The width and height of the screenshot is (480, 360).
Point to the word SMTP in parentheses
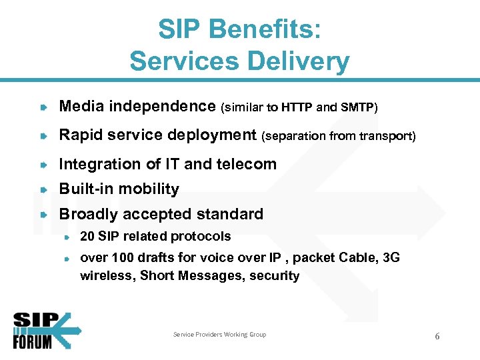pyautogui.click(x=357, y=107)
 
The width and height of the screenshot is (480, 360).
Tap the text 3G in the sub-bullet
pyautogui.click(x=392, y=258)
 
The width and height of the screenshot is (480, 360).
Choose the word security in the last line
pyautogui.click(x=274, y=276)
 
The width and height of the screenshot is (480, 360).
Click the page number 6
pyautogui.click(x=437, y=336)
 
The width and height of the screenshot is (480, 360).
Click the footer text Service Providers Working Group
pyautogui.click(x=219, y=335)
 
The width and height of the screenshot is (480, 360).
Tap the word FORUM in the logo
pyautogui.click(x=32, y=341)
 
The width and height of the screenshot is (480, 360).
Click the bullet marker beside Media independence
pyautogui.click(x=43, y=107)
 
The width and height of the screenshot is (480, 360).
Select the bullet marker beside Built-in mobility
pyautogui.click(x=43, y=189)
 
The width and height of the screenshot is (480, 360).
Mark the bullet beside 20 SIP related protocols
pyautogui.click(x=67, y=237)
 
